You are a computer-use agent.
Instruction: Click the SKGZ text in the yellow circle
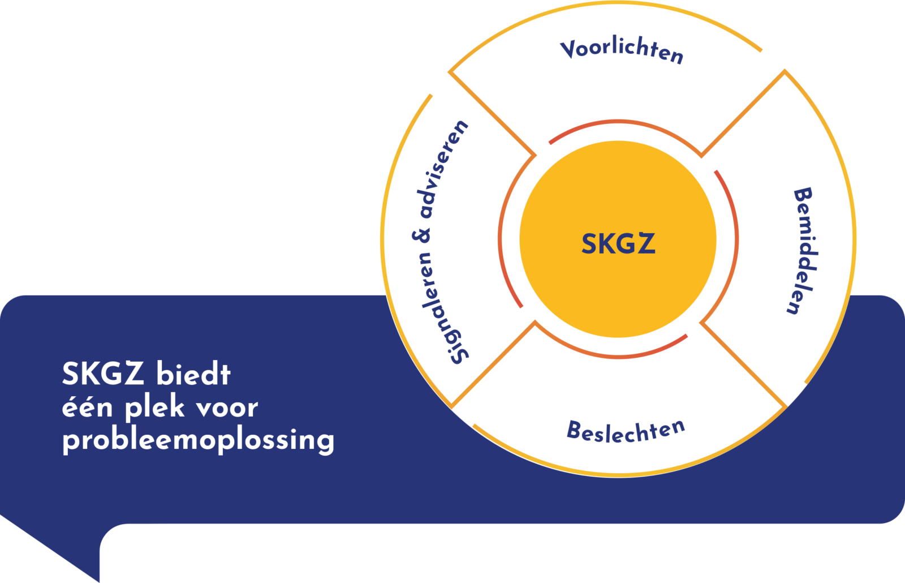[x=618, y=244]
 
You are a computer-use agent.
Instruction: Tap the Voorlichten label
[x=622, y=50]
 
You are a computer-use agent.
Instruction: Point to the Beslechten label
[x=626, y=431]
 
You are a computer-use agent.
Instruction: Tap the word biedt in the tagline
[x=193, y=375]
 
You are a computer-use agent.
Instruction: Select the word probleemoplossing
[x=198, y=440]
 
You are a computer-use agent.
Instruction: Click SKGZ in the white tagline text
[x=103, y=374]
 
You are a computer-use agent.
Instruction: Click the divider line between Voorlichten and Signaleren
[x=492, y=113]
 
